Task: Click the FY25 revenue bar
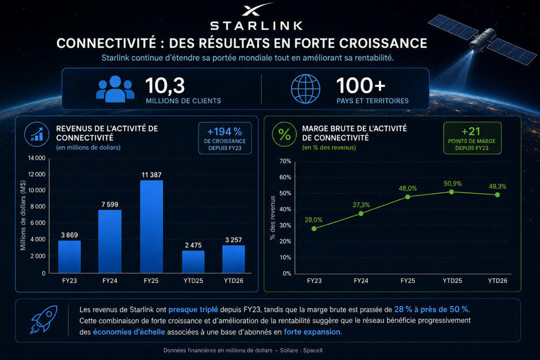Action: click(151, 227)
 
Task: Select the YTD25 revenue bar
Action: click(193, 262)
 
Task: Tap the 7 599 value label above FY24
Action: click(110, 204)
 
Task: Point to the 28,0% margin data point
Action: click(314, 229)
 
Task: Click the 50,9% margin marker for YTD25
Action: click(451, 192)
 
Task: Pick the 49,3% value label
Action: click(497, 187)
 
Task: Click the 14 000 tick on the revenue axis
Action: click(37, 158)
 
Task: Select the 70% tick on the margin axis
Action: click(285, 161)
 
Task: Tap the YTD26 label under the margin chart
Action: click(497, 281)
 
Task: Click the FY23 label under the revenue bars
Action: click(70, 281)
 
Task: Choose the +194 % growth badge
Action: click(225, 138)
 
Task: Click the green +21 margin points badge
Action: click(472, 138)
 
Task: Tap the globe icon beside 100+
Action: click(306, 89)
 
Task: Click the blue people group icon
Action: click(115, 89)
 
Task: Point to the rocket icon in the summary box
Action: click(44, 319)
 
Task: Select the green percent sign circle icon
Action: click(284, 134)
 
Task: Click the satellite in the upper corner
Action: click(482, 39)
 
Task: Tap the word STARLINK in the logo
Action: click(257, 25)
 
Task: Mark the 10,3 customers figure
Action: click(165, 85)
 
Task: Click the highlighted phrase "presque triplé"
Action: click(193, 310)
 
